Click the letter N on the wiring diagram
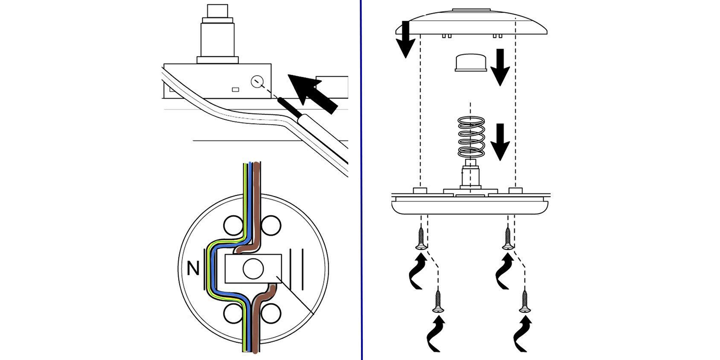pyautogui.click(x=193, y=269)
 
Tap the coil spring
pyautogui.click(x=471, y=137)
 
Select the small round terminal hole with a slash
pyautogui.click(x=256, y=81)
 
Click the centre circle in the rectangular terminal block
pyautogui.click(x=253, y=269)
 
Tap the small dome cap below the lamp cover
pyautogui.click(x=471, y=63)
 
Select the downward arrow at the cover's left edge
pyautogui.click(x=405, y=40)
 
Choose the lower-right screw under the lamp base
pyautogui.click(x=523, y=301)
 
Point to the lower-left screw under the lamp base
pyautogui.click(x=437, y=301)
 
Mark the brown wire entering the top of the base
pyautogui.click(x=256, y=180)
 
